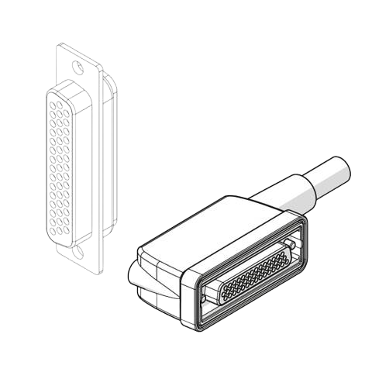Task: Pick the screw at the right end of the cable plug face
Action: [x=290, y=246]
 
